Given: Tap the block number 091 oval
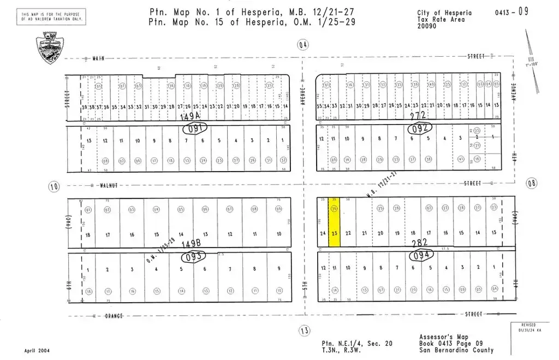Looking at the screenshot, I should [195, 129].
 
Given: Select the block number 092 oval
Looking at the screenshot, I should [420, 128].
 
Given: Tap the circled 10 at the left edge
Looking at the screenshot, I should [53, 186].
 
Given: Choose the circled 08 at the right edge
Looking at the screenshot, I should [532, 183].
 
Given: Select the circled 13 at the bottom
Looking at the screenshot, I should [304, 330].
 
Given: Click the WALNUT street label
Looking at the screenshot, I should [109, 185].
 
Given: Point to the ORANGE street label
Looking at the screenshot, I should [111, 316].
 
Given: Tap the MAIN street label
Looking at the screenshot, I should [98, 57].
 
